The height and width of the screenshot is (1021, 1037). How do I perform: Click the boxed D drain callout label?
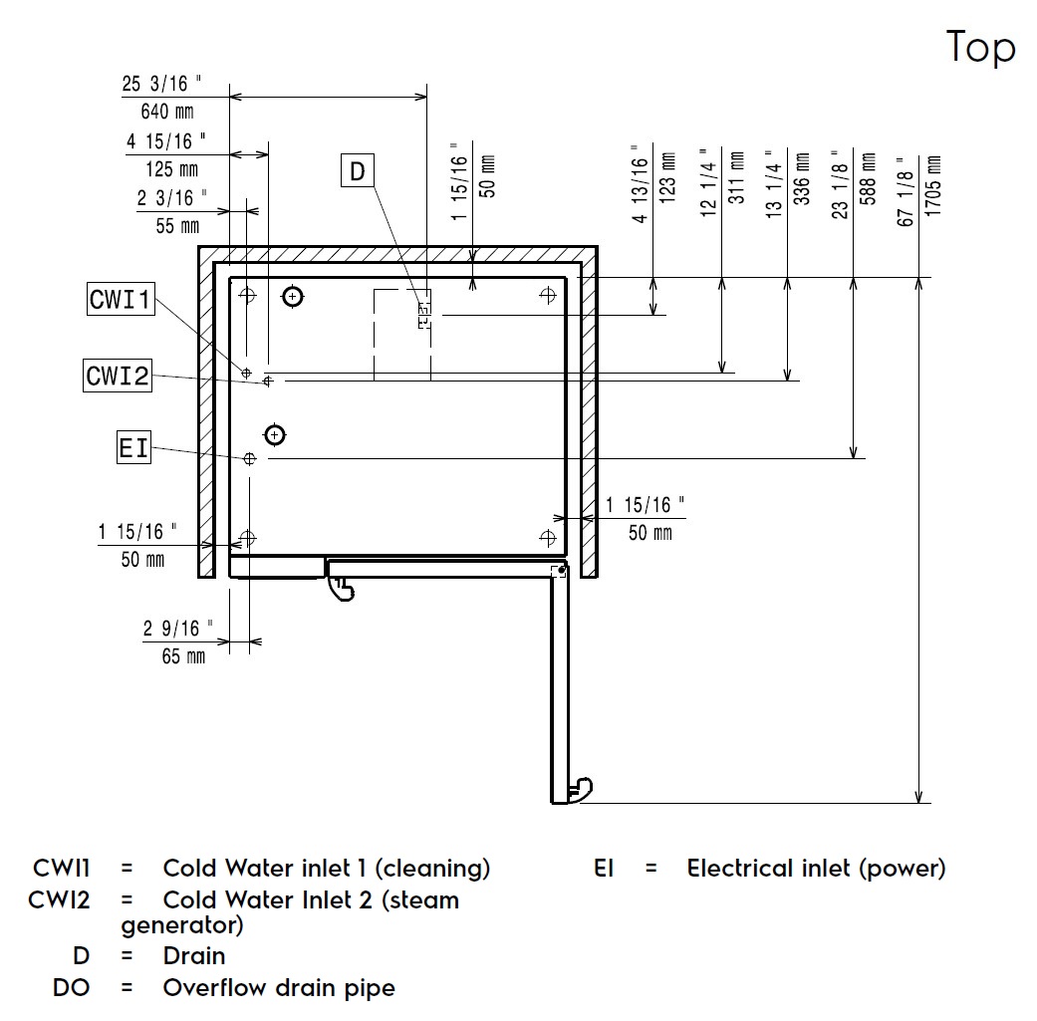point(358,171)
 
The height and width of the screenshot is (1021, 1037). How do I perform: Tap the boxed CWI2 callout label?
point(118,376)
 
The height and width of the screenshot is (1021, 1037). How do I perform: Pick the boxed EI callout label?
point(132,448)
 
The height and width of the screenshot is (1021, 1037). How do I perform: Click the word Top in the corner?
point(980,47)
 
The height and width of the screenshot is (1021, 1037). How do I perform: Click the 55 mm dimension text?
point(177,226)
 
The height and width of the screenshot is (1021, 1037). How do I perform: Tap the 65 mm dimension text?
point(183,656)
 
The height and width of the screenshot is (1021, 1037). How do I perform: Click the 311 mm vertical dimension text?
point(737,179)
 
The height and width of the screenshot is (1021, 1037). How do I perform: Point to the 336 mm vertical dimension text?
point(802,179)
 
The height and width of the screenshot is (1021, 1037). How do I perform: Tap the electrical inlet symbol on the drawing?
point(250,458)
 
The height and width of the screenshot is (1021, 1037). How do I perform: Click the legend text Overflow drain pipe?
point(279,988)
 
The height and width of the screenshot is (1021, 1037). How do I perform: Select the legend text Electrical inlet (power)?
point(816,869)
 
